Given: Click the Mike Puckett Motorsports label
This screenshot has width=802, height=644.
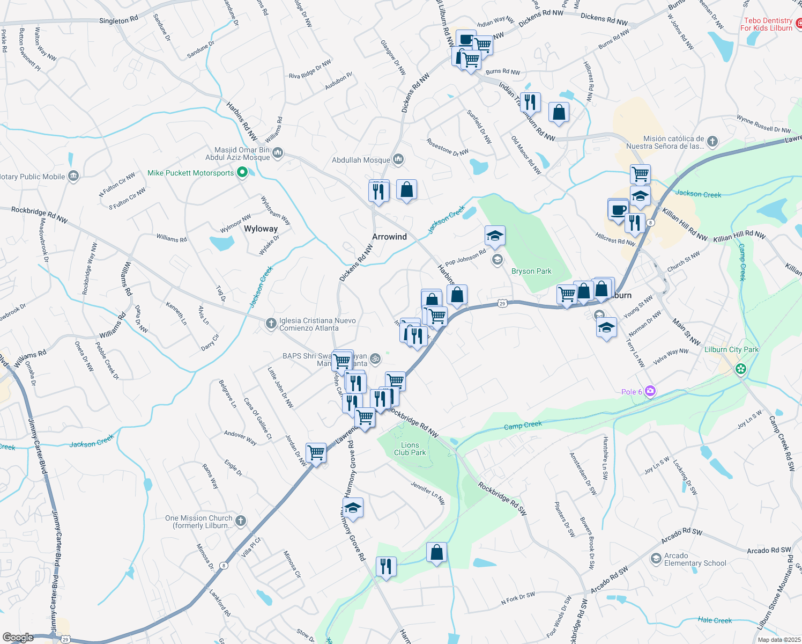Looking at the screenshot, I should (191, 173).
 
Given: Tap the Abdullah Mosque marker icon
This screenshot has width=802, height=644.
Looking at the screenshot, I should (398, 160).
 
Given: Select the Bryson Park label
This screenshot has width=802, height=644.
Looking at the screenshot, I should (531, 271).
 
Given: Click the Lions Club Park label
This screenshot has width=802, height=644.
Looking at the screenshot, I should (410, 449).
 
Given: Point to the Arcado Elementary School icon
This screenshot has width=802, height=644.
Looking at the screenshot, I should (656, 559).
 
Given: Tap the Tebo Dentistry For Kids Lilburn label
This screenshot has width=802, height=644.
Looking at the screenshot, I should (768, 24).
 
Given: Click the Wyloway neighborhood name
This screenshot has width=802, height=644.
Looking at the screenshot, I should (261, 229).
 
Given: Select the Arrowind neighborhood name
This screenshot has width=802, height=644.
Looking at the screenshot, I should (390, 237).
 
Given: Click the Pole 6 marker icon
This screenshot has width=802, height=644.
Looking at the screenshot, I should (650, 391).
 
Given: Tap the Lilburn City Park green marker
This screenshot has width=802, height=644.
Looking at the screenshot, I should (741, 369).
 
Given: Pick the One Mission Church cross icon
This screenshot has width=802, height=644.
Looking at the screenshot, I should (241, 520).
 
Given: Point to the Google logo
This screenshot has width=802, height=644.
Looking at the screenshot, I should (18, 638).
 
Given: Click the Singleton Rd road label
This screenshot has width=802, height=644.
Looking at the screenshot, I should (118, 20).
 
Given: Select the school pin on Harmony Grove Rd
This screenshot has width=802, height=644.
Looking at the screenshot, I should (353, 508).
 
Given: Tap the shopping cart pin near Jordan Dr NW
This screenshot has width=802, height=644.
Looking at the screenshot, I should (316, 453).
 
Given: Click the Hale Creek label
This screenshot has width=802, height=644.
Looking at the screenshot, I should (715, 620).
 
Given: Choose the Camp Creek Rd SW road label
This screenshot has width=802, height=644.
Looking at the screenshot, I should (782, 443).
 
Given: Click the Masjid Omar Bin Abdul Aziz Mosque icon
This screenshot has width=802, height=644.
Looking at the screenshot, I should (278, 153).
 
